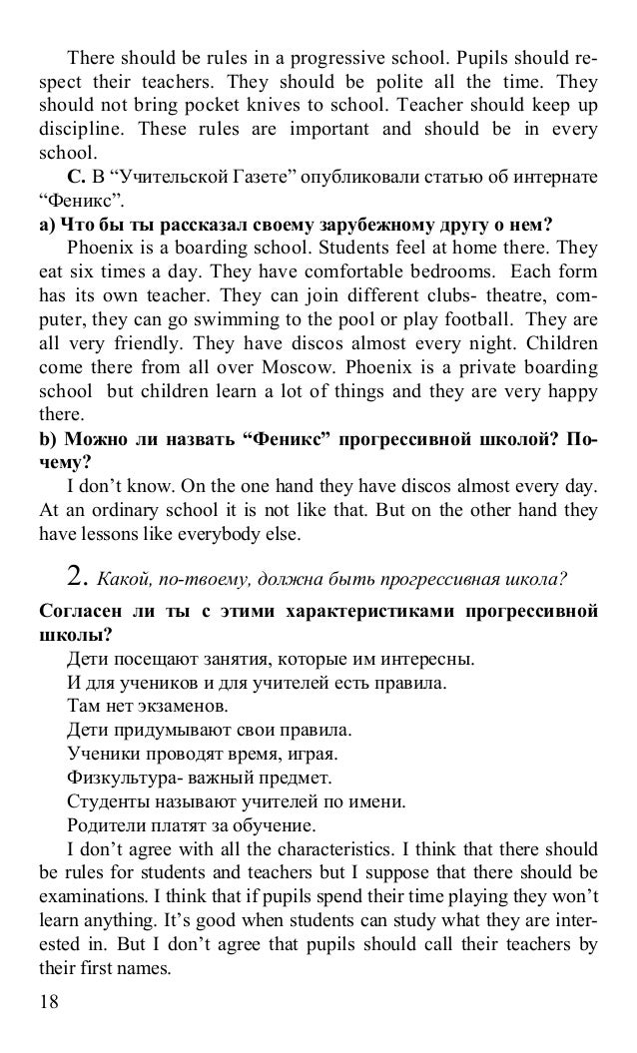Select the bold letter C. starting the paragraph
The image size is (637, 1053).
pyautogui.click(x=76, y=178)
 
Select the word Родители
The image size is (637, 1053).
pyautogui.click(x=104, y=825)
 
